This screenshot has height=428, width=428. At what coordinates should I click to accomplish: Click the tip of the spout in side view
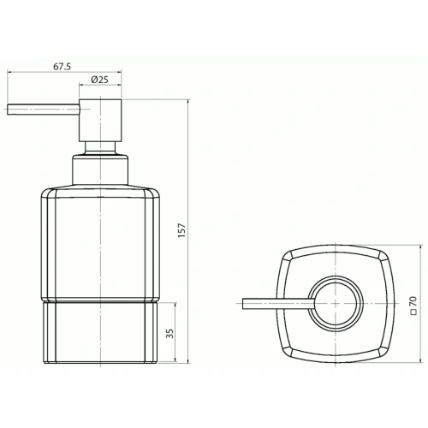click(10, 109)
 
